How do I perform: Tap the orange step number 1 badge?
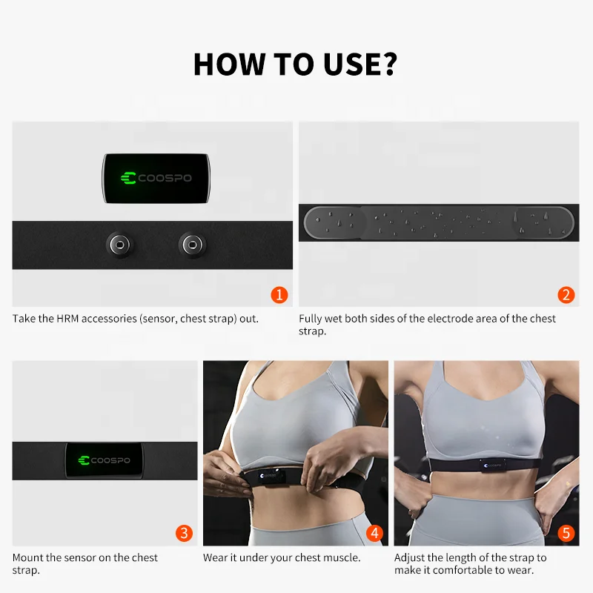[279, 295]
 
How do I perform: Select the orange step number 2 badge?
[566, 295]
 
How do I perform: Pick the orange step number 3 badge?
[185, 533]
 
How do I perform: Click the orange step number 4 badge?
[375, 533]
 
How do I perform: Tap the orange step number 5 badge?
[566, 533]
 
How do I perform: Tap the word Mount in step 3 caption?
[28, 557]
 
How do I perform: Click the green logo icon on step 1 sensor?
[127, 178]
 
